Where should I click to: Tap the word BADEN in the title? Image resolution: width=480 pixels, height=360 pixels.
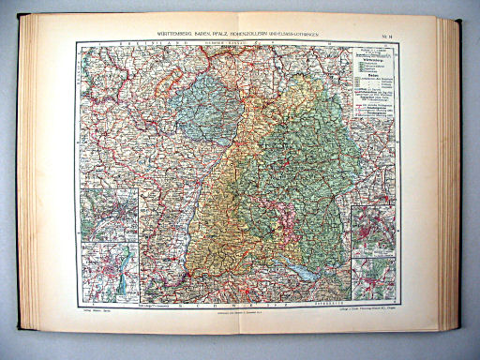pyautogui.click(x=191, y=33)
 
